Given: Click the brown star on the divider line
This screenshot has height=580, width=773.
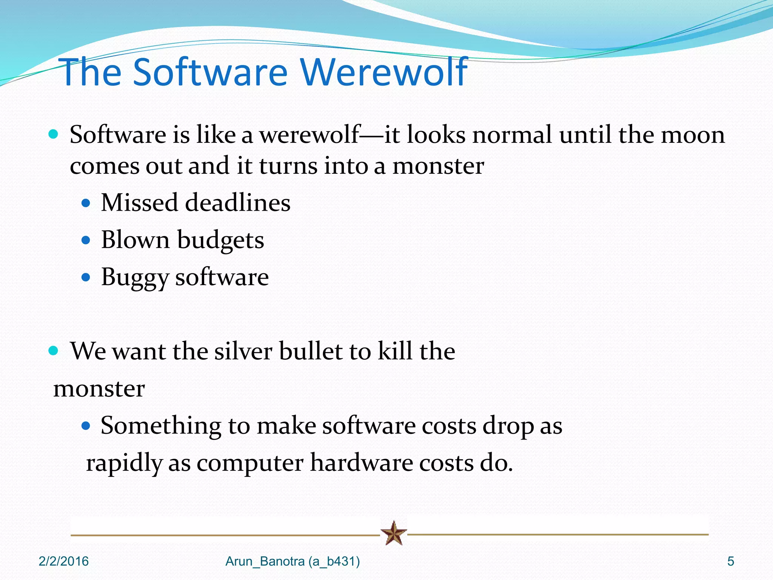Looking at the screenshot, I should [394, 533].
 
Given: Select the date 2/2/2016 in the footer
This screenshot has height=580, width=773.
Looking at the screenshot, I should [63, 561].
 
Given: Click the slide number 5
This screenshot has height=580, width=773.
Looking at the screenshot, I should [731, 561].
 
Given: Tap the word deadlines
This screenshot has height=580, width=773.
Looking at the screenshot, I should [238, 202].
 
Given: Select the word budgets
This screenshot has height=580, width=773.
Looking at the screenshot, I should [220, 240].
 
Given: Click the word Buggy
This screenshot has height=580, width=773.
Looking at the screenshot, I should [134, 278].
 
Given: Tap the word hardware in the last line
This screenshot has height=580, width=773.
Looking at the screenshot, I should [361, 463].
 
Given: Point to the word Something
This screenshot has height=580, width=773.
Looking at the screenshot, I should [161, 426].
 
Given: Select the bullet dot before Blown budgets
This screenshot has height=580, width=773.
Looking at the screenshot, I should [86, 241].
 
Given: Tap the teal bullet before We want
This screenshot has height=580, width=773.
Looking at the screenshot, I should [54, 351].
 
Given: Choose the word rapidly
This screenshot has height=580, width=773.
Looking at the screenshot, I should [124, 463].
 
